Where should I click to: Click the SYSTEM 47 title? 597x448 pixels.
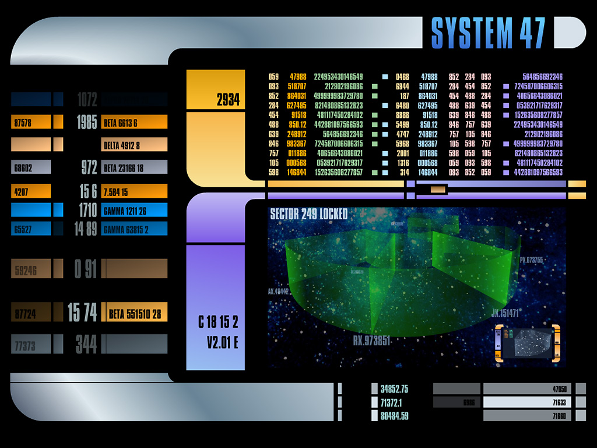488,33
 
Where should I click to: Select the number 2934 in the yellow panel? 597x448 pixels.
228,100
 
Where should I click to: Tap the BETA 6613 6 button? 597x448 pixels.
134,123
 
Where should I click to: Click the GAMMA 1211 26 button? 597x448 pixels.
134,210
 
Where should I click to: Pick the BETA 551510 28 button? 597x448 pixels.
134,314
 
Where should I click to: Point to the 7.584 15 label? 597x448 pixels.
134,191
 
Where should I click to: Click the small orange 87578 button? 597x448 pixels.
30,123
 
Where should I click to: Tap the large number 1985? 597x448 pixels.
86,123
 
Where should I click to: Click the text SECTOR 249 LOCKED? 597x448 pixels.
308,214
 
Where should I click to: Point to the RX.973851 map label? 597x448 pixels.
371,340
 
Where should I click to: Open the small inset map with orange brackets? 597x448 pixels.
527,344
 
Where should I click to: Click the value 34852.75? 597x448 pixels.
394,389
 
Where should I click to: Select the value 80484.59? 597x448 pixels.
394,416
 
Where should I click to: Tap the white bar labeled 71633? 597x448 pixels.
527,402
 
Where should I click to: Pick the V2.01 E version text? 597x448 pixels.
222,342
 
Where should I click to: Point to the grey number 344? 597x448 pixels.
86,344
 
